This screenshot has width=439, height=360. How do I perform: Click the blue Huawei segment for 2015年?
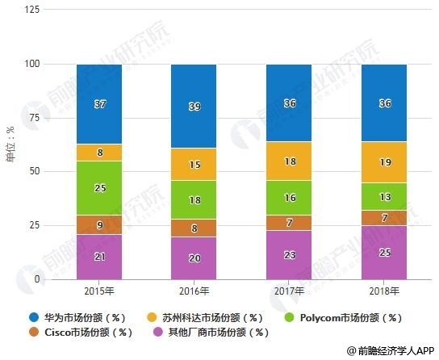[x=99, y=104]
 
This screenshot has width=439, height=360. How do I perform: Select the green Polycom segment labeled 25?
[x=99, y=188]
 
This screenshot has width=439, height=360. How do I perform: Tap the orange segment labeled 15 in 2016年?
[x=193, y=165]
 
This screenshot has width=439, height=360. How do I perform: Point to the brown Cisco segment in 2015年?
[x=99, y=225]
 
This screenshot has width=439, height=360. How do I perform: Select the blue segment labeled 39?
[x=193, y=106]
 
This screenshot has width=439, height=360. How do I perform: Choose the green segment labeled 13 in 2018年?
[x=383, y=196]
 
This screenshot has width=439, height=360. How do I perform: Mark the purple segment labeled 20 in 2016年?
[x=193, y=258]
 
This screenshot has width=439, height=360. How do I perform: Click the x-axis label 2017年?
[x=288, y=291]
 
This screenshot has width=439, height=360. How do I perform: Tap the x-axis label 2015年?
[x=99, y=291]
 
